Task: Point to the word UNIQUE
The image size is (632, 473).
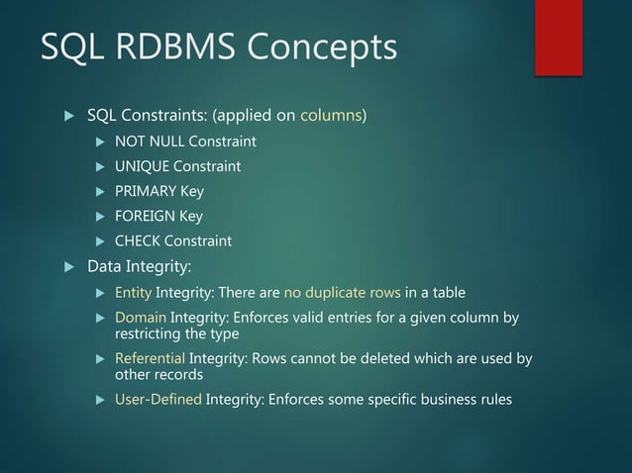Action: click(141, 165)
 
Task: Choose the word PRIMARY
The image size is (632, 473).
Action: click(145, 191)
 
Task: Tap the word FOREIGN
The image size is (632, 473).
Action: click(144, 216)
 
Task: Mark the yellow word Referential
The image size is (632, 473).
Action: click(150, 358)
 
